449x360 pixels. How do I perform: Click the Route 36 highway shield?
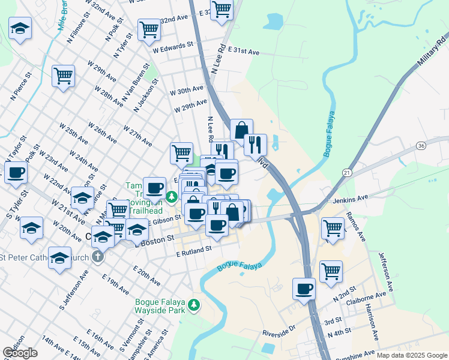421,145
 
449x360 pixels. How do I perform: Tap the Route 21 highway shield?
347,173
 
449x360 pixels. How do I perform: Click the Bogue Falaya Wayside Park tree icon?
194,305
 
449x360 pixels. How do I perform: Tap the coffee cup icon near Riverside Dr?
304,289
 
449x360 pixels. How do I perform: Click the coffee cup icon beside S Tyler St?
16,172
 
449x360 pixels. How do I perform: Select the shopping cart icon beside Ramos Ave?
333,227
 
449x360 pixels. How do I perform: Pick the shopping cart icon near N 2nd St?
331,271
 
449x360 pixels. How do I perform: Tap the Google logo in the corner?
20,353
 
